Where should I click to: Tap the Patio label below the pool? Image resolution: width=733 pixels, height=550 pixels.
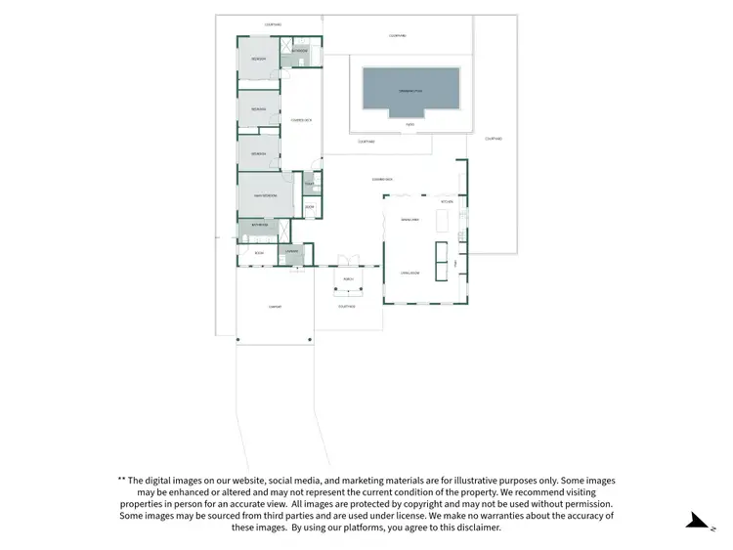click(410, 124)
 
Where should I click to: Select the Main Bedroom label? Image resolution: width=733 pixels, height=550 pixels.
click(265, 196)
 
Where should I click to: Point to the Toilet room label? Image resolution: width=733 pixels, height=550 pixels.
click(310, 185)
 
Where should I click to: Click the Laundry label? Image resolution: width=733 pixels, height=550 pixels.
click(292, 252)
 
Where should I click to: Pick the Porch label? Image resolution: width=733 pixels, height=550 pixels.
click(348, 278)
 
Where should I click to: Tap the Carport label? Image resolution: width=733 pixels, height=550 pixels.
click(275, 307)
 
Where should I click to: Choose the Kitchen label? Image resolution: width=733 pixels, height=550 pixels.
click(447, 202)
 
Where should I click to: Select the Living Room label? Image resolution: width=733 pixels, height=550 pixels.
click(410, 273)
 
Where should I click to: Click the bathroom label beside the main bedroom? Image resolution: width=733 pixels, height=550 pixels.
click(259, 225)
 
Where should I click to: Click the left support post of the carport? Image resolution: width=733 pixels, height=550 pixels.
click(237, 338)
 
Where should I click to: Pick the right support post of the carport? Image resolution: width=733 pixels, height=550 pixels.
click(310, 338)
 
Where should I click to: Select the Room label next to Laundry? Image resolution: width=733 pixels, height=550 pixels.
click(259, 253)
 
